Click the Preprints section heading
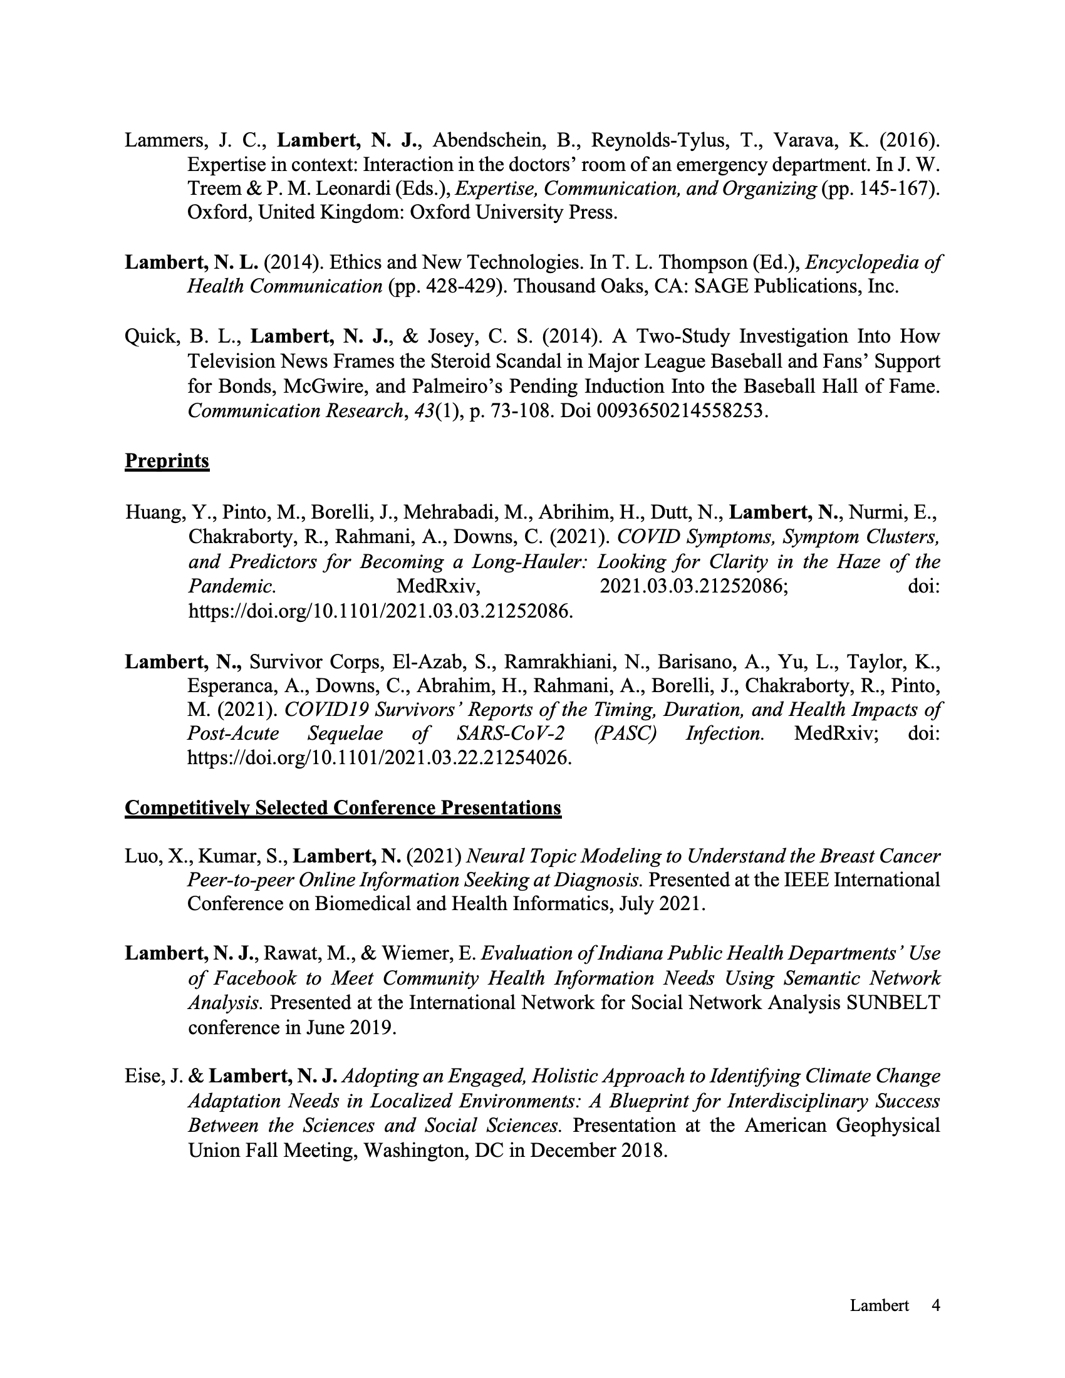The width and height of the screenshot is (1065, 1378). click(x=167, y=461)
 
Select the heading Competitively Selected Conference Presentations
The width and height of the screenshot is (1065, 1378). click(x=343, y=807)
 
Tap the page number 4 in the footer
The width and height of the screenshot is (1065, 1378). click(x=936, y=1305)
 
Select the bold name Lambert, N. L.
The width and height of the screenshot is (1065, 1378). click(x=192, y=262)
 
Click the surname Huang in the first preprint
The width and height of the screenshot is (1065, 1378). click(x=153, y=512)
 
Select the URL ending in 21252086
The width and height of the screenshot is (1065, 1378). click(x=380, y=611)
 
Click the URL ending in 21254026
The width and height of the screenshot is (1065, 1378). click(x=380, y=757)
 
